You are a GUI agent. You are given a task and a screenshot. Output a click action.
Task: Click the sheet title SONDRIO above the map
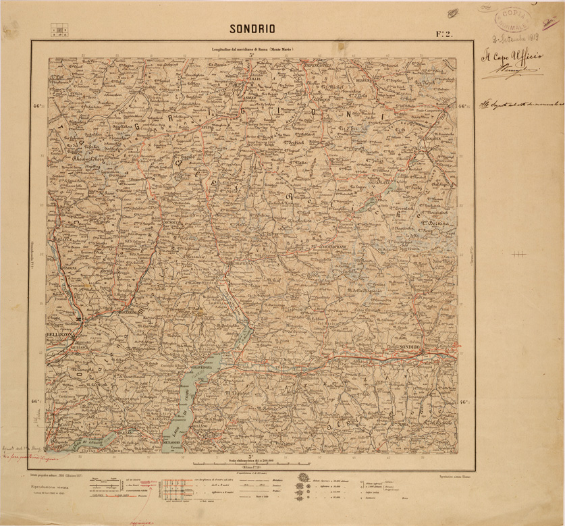pyautogui.click(x=252, y=29)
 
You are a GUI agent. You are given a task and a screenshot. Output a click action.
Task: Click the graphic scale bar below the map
pyautogui.click(x=251, y=465)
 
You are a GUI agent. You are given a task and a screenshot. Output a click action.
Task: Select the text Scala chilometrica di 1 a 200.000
pyautogui.click(x=251, y=459)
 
